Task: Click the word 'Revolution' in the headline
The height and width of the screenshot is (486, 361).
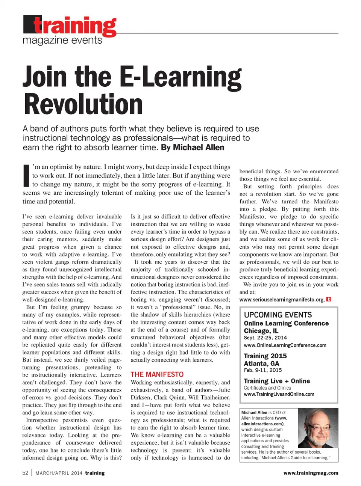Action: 83,104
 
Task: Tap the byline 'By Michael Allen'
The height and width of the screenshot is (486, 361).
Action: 193,148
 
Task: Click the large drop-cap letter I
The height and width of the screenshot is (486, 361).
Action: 26,175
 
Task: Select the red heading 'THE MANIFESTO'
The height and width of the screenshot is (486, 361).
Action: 157,374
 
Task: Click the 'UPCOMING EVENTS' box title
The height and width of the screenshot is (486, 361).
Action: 278,315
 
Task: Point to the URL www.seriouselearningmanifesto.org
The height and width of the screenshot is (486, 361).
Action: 282,300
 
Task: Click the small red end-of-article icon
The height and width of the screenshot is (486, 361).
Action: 329,300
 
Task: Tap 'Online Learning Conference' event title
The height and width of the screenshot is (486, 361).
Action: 286,323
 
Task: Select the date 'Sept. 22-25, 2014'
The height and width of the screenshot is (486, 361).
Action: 265,338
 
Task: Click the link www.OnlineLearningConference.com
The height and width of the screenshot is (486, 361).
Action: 285,345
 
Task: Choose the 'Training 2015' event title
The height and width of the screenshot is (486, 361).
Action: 265,356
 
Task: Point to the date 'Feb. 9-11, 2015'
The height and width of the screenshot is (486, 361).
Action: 262,370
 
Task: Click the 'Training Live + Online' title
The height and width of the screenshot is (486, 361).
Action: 277,381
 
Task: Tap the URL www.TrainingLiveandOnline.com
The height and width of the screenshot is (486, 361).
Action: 279,394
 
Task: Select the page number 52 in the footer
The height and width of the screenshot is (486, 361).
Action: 25,473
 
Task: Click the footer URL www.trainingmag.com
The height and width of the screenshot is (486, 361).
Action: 311,473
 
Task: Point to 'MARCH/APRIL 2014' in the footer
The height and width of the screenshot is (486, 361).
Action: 59,473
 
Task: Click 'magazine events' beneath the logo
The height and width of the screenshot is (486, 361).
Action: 62,40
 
